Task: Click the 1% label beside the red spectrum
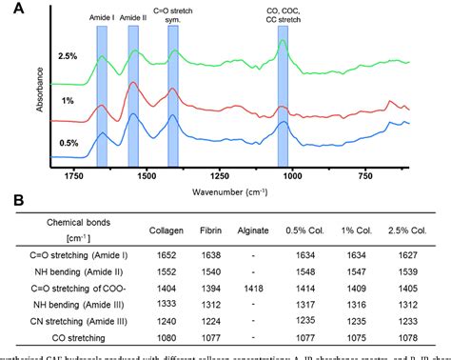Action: pos(70,101)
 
